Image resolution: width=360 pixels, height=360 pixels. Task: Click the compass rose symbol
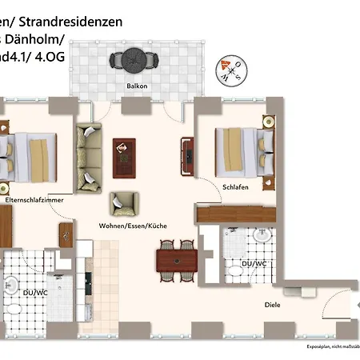(234, 70)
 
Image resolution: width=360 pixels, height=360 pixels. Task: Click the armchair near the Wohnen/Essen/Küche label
(121, 203)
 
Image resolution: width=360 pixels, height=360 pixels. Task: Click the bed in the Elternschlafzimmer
(29, 152)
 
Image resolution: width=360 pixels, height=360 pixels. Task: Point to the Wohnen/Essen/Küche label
(132, 226)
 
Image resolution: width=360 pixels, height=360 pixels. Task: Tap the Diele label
(273, 305)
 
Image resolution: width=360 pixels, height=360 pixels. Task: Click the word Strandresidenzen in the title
(76, 22)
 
